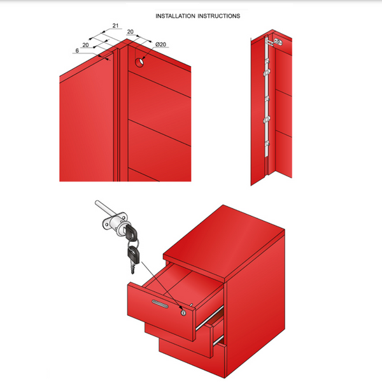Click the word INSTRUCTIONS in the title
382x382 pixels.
click(x=218, y=16)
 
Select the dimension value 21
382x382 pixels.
click(x=116, y=26)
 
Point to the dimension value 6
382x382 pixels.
click(x=76, y=50)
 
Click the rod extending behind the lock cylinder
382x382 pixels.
click(x=102, y=209)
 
